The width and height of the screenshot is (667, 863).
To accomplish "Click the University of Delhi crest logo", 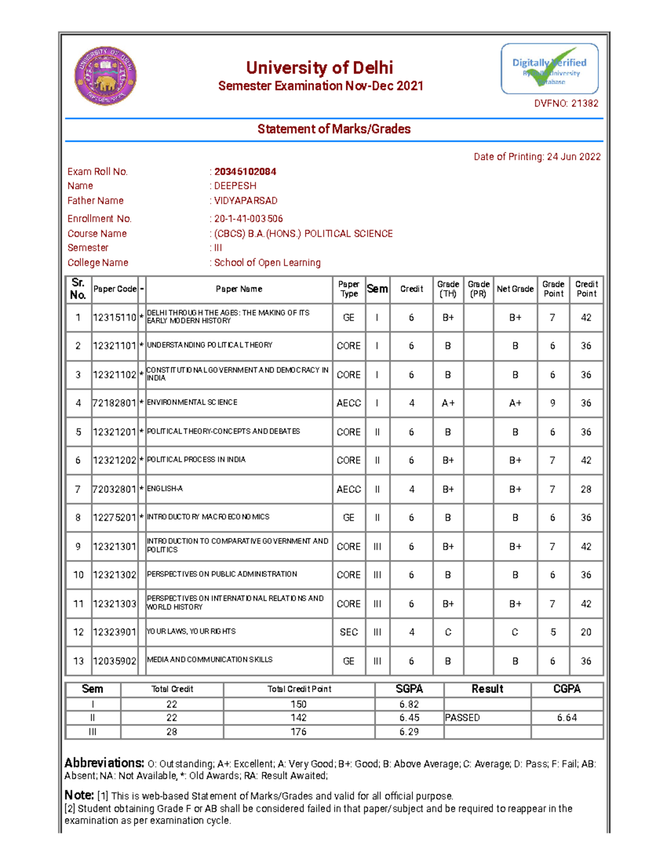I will [x=106, y=76].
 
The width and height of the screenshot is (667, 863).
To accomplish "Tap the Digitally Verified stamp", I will [x=549, y=69].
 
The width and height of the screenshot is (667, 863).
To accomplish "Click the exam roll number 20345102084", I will [x=245, y=172].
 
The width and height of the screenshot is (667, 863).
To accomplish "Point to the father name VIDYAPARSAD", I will [x=246, y=201].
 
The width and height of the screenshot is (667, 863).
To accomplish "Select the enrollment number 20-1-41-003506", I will [x=248, y=219].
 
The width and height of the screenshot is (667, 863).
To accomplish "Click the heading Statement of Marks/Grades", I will [x=333, y=129].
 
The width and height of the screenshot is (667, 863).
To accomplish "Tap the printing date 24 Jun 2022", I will [x=574, y=157].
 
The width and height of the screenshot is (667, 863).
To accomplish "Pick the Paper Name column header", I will [x=239, y=289].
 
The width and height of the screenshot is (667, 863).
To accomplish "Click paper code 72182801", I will [x=115, y=403].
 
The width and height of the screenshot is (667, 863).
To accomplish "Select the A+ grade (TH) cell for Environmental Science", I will [x=448, y=403].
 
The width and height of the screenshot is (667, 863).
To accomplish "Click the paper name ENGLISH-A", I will [x=165, y=489].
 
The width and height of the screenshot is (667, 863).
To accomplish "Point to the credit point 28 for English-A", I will [x=586, y=490].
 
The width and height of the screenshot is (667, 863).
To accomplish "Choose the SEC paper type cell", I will [x=349, y=632].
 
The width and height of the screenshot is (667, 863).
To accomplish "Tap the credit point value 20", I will [x=586, y=632].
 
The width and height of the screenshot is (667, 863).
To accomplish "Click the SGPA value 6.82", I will [x=409, y=704].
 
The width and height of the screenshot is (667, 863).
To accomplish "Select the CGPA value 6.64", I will [x=567, y=718].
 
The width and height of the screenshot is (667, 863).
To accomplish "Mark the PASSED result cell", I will [x=462, y=718].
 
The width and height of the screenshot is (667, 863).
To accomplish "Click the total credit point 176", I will [x=298, y=732].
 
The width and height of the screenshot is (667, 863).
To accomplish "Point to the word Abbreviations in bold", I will [x=104, y=763].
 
